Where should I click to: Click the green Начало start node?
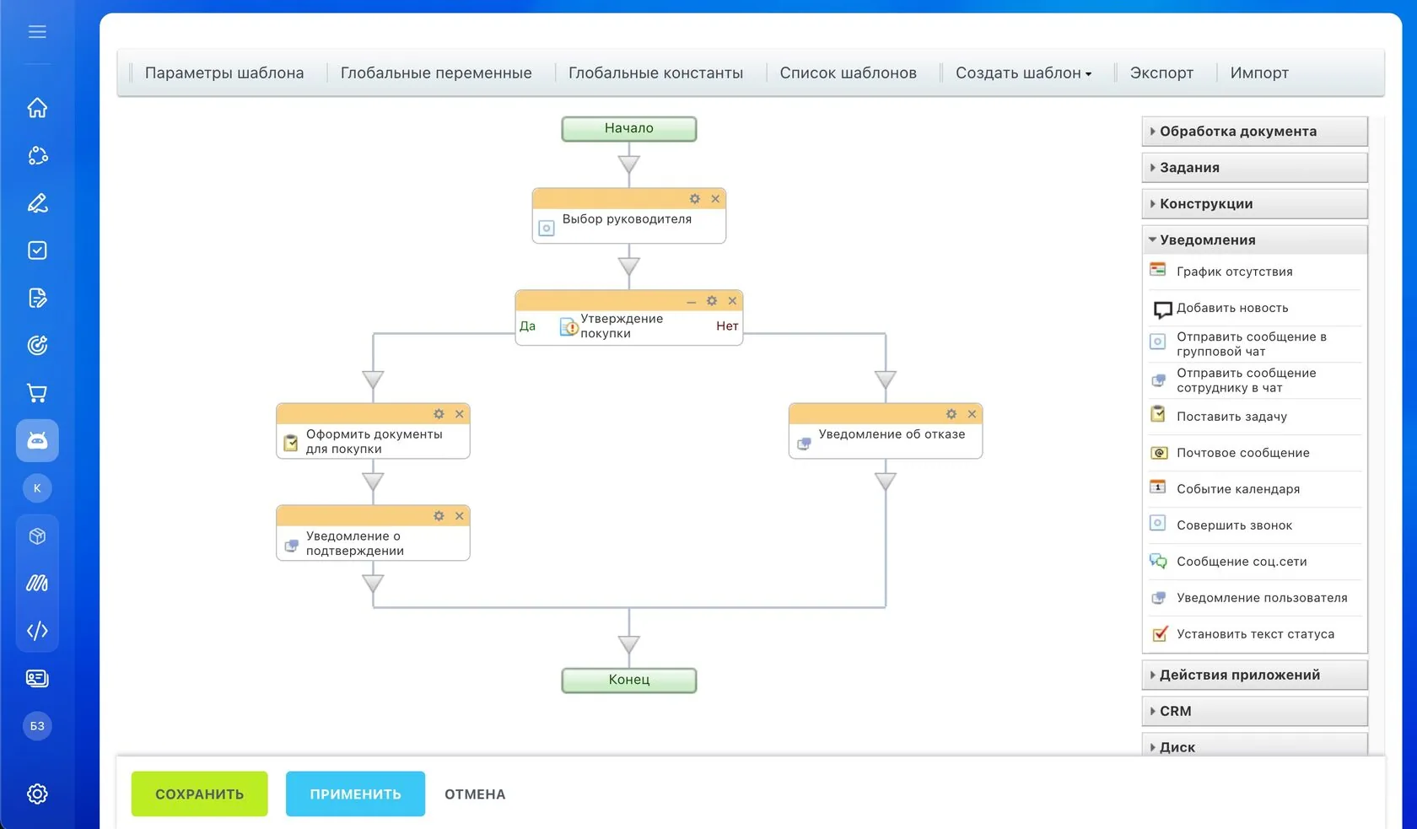tap(629, 128)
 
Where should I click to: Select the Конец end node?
tap(629, 680)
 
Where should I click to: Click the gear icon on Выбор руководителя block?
tap(695, 198)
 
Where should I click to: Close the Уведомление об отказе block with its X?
tap(972, 413)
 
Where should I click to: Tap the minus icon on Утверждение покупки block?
tap(692, 302)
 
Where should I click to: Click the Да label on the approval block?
tap(528, 326)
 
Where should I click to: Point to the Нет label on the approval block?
tap(727, 326)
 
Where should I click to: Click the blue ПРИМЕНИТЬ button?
tap(356, 794)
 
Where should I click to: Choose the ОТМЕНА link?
tap(475, 794)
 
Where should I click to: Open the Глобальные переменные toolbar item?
tap(436, 73)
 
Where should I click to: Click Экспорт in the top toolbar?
tap(1161, 73)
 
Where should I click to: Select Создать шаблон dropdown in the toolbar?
tap(1023, 73)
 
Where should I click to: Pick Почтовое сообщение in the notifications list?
tap(1242, 453)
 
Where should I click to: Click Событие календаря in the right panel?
tap(1238, 489)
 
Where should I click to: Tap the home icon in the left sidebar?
tap(37, 107)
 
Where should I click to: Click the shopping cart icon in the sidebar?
tap(37, 393)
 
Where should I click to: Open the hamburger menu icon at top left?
tap(37, 31)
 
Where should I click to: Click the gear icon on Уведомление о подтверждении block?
tap(439, 515)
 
